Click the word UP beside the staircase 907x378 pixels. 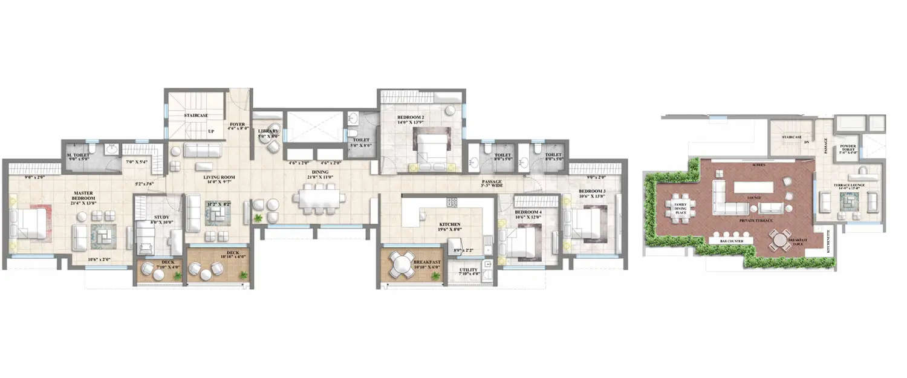point(211,131)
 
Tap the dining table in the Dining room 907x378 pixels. point(320,198)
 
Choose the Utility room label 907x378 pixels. point(469,270)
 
